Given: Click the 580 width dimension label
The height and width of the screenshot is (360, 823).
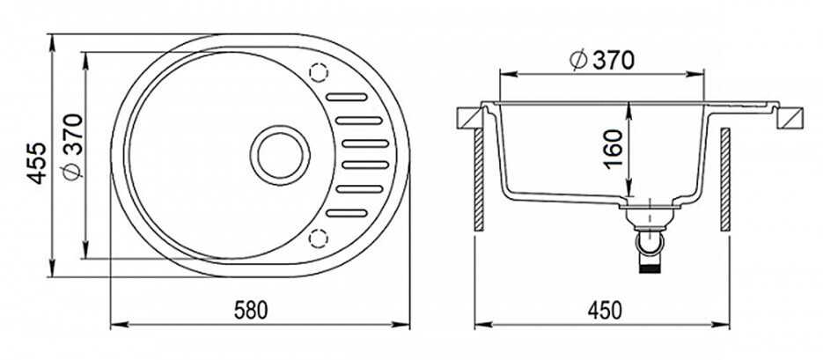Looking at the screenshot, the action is (x=250, y=310).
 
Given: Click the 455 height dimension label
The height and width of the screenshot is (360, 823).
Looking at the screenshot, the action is (x=37, y=163).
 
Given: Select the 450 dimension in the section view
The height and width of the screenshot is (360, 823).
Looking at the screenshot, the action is (x=605, y=310).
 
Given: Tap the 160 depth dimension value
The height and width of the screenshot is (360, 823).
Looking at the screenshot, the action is (x=613, y=149).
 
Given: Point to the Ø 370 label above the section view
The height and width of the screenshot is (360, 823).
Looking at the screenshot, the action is (x=602, y=61).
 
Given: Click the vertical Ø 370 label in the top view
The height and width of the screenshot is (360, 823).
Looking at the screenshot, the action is (x=72, y=147).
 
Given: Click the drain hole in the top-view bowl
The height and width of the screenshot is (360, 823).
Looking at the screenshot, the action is (x=280, y=155).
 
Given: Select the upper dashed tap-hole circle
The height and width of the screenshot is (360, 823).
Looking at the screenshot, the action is (x=319, y=72).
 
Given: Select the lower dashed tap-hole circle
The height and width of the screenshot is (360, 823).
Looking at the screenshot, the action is (x=318, y=239).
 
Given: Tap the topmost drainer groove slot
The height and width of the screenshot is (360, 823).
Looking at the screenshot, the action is (x=347, y=97).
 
